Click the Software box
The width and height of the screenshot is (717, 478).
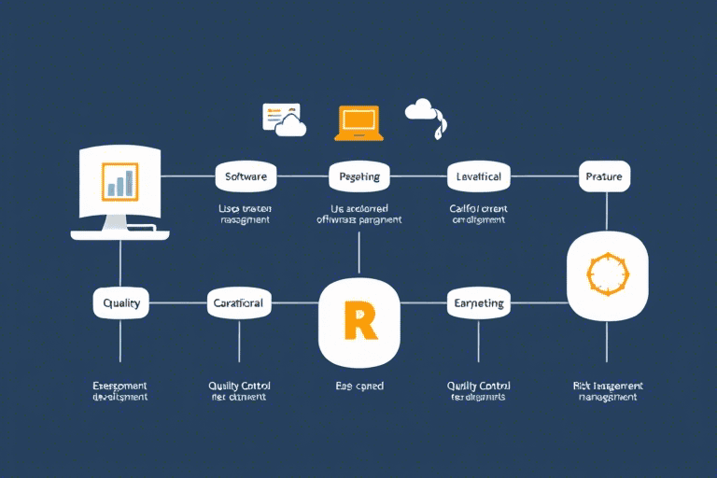(x=246, y=176)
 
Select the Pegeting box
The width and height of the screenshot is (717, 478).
(x=359, y=176)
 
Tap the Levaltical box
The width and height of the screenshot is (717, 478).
(x=478, y=176)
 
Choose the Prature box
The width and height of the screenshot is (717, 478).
(x=605, y=176)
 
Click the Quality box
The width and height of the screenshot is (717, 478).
(x=121, y=302)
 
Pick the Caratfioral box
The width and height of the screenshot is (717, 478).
(x=239, y=302)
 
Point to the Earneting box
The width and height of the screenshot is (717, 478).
(x=479, y=302)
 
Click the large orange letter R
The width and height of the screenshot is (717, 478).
(x=359, y=319)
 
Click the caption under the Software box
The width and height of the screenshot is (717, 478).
(x=246, y=214)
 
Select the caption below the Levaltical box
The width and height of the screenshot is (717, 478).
(x=478, y=214)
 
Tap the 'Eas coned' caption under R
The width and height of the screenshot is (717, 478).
(x=359, y=386)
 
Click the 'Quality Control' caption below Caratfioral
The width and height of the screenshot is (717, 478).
(x=239, y=390)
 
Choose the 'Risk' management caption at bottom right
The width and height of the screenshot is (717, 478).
(x=607, y=390)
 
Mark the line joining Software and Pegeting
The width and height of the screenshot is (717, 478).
(x=303, y=176)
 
